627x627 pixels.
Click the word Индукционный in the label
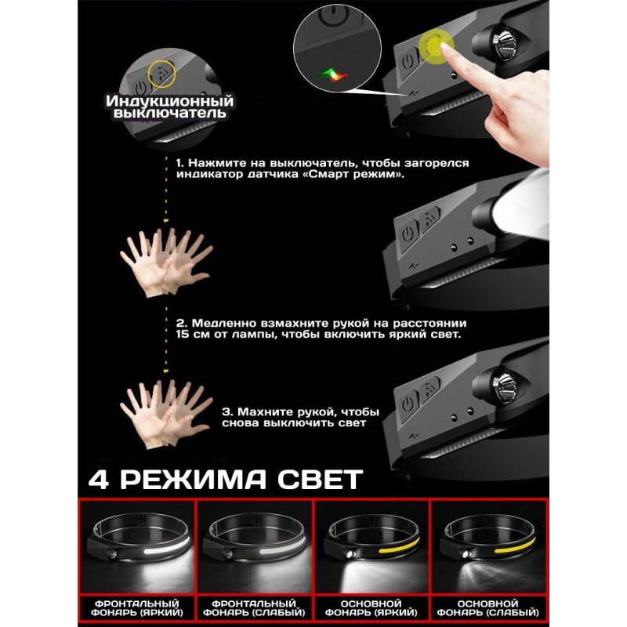pos(169,101)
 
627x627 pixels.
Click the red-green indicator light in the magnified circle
pos(332,74)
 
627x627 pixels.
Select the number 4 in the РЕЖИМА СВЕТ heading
pos(98,480)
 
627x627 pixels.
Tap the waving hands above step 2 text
pos(166,263)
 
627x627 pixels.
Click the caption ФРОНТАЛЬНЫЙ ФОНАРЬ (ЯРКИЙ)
pos(136,608)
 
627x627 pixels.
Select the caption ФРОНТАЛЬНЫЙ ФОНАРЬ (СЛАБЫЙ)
pos(254,608)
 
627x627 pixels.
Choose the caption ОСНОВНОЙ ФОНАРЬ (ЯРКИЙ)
pos(371,608)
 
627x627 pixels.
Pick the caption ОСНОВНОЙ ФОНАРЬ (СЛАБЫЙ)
pos(487,608)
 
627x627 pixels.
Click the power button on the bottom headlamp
pos(408,404)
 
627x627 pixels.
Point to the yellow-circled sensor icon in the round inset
pos(161,74)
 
